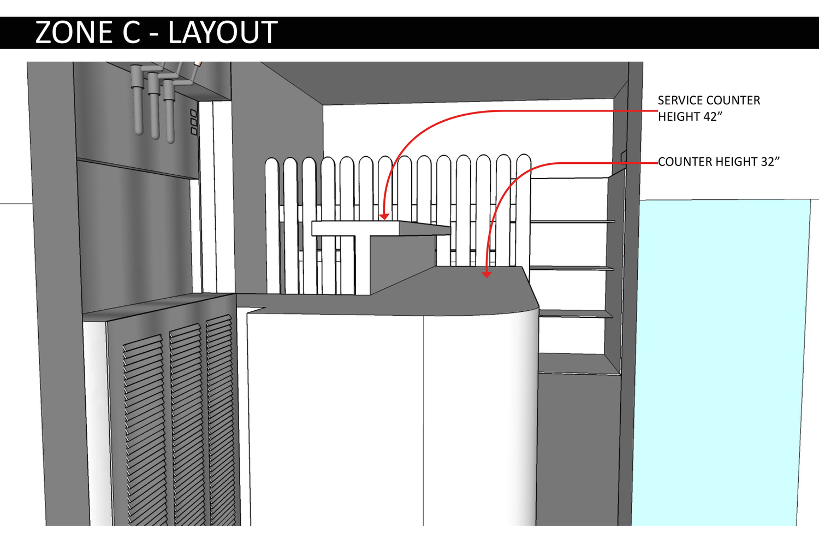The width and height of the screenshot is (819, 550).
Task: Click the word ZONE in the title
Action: click(74, 33)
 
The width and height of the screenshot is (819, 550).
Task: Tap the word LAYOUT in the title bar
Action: click(223, 33)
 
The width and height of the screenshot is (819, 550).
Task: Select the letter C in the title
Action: click(132, 33)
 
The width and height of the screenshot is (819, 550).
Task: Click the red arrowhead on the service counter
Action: click(384, 216)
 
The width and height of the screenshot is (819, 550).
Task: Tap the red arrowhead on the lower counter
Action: click(486, 275)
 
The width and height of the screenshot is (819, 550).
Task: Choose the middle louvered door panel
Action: click(186, 421)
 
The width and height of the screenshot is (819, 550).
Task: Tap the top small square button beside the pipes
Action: click(193, 114)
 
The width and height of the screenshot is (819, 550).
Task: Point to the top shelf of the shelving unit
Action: click(572, 221)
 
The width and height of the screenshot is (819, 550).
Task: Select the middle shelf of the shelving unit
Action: click(572, 268)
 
